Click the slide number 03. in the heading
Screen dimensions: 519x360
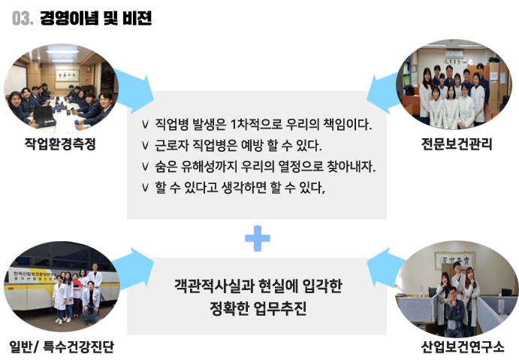(23, 19)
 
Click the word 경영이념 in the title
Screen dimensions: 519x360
(69, 18)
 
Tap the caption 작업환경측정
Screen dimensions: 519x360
(60, 144)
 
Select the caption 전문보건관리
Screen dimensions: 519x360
(457, 144)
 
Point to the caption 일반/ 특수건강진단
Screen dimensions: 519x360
(62, 346)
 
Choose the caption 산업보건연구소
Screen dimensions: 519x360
(463, 346)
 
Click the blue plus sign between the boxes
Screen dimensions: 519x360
(258, 238)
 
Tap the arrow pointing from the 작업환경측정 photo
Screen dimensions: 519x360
(133, 90)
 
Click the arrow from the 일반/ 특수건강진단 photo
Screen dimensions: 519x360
(133, 269)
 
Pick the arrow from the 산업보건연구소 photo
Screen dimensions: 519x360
(386, 268)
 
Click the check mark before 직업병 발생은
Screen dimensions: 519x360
(145, 125)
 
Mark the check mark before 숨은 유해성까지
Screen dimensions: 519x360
(145, 166)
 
